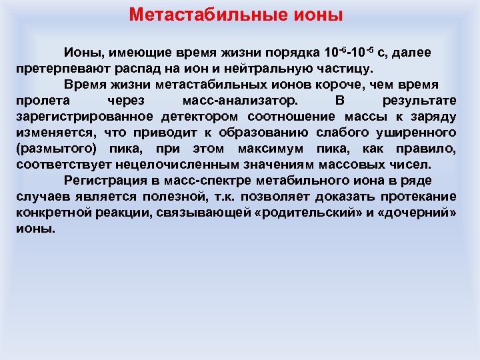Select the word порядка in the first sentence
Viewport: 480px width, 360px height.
[x=294, y=52]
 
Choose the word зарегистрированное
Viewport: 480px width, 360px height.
[x=78, y=117]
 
